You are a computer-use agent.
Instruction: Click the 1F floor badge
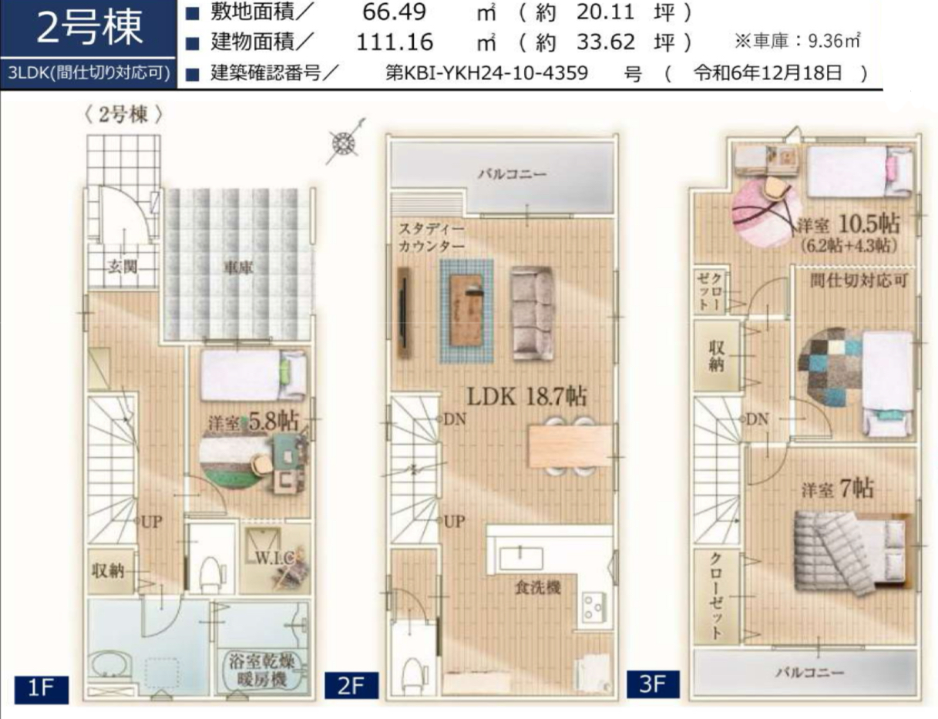point(41,689)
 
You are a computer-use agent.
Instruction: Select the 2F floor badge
point(351,685)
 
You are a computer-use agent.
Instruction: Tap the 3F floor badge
point(653,684)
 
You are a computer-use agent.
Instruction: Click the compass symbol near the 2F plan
point(345,142)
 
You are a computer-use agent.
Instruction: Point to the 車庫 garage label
point(238,268)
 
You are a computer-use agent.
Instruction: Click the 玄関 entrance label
point(123,267)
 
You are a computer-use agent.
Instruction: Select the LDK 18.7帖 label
point(526,396)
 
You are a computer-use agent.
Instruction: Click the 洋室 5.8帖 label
point(254,421)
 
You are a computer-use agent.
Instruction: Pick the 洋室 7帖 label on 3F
point(838,489)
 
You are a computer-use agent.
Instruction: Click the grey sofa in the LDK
point(533,314)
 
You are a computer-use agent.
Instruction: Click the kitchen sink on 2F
point(521,559)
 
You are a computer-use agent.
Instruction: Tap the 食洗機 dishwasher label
point(537,587)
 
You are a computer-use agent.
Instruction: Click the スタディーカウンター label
point(431,237)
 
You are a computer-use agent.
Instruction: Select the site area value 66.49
point(394,12)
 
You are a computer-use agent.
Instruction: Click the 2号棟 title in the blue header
point(89,28)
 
